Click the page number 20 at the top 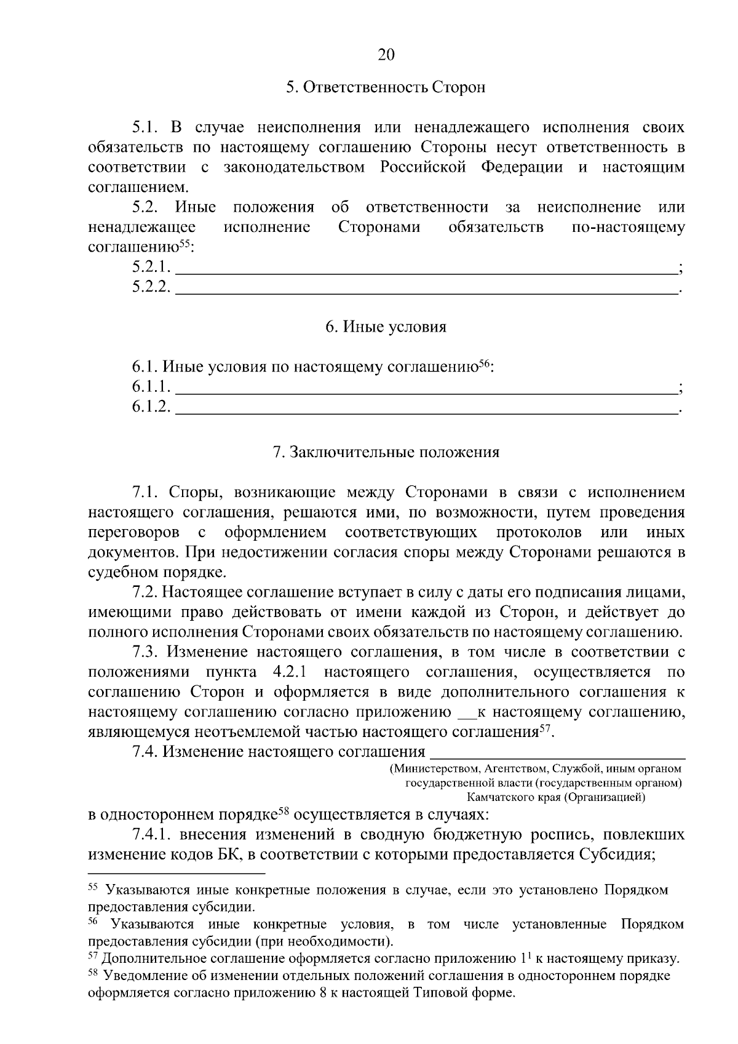[386, 55]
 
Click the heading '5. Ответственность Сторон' [386, 87]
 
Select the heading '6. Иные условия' [386, 327]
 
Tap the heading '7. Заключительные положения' [386, 453]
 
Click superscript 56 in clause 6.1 [484, 363]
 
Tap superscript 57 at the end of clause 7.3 [545, 729]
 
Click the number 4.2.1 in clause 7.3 [288, 672]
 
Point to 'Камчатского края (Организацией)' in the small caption [556, 798]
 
